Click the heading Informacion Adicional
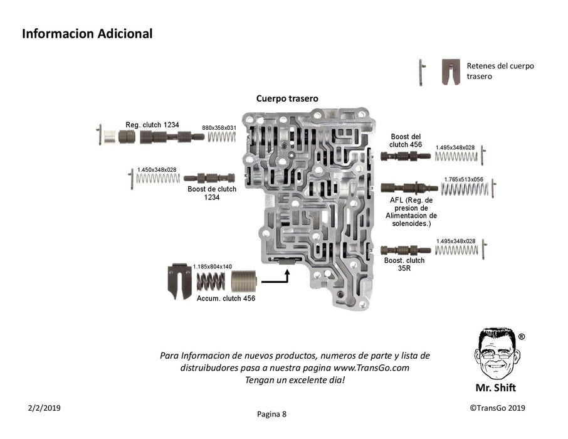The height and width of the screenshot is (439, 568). click(87, 34)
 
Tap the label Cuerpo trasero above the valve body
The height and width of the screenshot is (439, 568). click(287, 98)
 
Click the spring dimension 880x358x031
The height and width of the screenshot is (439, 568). click(219, 127)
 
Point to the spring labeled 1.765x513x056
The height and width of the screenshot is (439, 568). click(464, 188)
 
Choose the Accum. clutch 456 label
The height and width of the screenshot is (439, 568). click(225, 299)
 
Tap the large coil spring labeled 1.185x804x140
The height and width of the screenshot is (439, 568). click(211, 282)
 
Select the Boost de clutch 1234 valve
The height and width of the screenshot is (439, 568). click(209, 178)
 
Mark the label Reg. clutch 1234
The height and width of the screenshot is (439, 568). click(152, 125)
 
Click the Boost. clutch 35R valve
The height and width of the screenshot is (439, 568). click(405, 250)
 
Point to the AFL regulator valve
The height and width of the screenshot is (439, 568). click(408, 188)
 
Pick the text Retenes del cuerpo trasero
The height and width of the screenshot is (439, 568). click(500, 70)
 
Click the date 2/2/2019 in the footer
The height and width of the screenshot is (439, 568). click(44, 408)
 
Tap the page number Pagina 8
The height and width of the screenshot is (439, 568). click(271, 414)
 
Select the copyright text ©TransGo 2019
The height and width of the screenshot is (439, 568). click(497, 408)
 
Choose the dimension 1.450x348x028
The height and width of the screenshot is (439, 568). click(157, 170)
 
